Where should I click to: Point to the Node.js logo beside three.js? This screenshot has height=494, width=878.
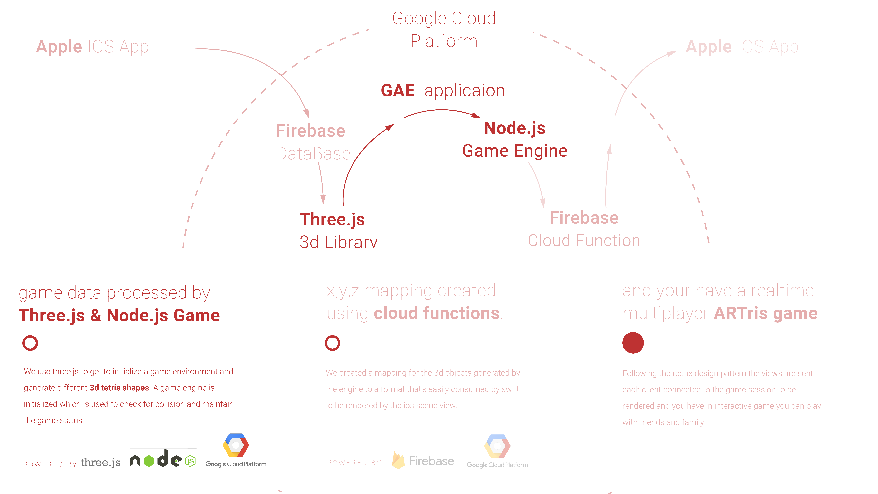click(x=163, y=459)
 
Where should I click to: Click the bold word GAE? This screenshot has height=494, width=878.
click(x=397, y=91)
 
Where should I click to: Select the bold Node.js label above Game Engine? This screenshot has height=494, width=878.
click(x=515, y=128)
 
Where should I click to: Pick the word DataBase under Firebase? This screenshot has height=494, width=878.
click(x=313, y=153)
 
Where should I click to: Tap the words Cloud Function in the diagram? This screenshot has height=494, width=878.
click(x=584, y=241)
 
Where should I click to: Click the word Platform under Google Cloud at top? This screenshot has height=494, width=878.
click(x=444, y=41)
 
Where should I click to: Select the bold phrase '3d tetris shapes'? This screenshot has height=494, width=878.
click(x=119, y=388)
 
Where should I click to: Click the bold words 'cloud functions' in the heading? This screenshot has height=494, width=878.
click(x=437, y=313)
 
